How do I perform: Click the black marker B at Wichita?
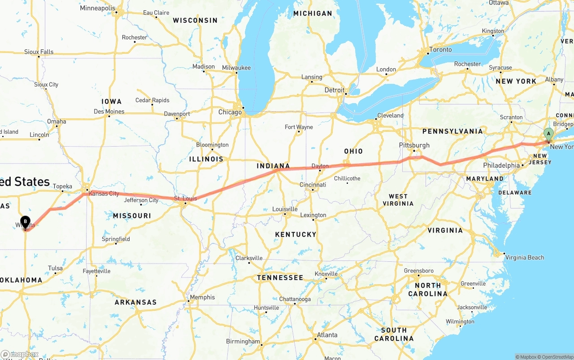(x=26, y=221)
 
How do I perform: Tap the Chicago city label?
(x=230, y=112)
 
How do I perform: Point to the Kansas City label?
(x=104, y=194)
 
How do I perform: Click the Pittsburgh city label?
(x=414, y=145)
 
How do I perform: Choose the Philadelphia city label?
(x=501, y=165)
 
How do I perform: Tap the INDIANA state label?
(x=274, y=166)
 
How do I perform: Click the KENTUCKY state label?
(x=296, y=234)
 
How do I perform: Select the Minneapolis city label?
(x=97, y=9)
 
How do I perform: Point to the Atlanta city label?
(x=327, y=335)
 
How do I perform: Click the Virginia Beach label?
(x=524, y=257)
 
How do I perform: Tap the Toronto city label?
(x=440, y=50)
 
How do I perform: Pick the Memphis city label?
(x=202, y=297)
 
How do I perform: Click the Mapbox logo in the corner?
(x=19, y=355)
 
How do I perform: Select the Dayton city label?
(x=320, y=166)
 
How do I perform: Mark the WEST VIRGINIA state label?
(x=398, y=200)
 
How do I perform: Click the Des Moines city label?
(x=109, y=111)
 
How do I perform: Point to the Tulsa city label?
(x=55, y=269)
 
